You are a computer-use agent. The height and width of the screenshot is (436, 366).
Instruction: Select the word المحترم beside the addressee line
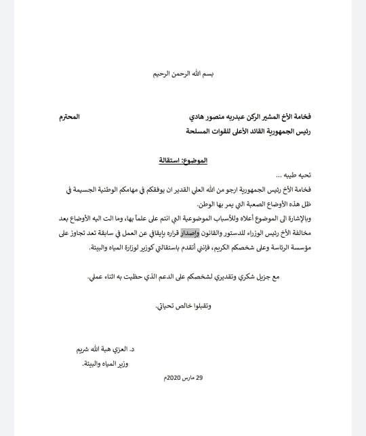coord(68,116)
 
